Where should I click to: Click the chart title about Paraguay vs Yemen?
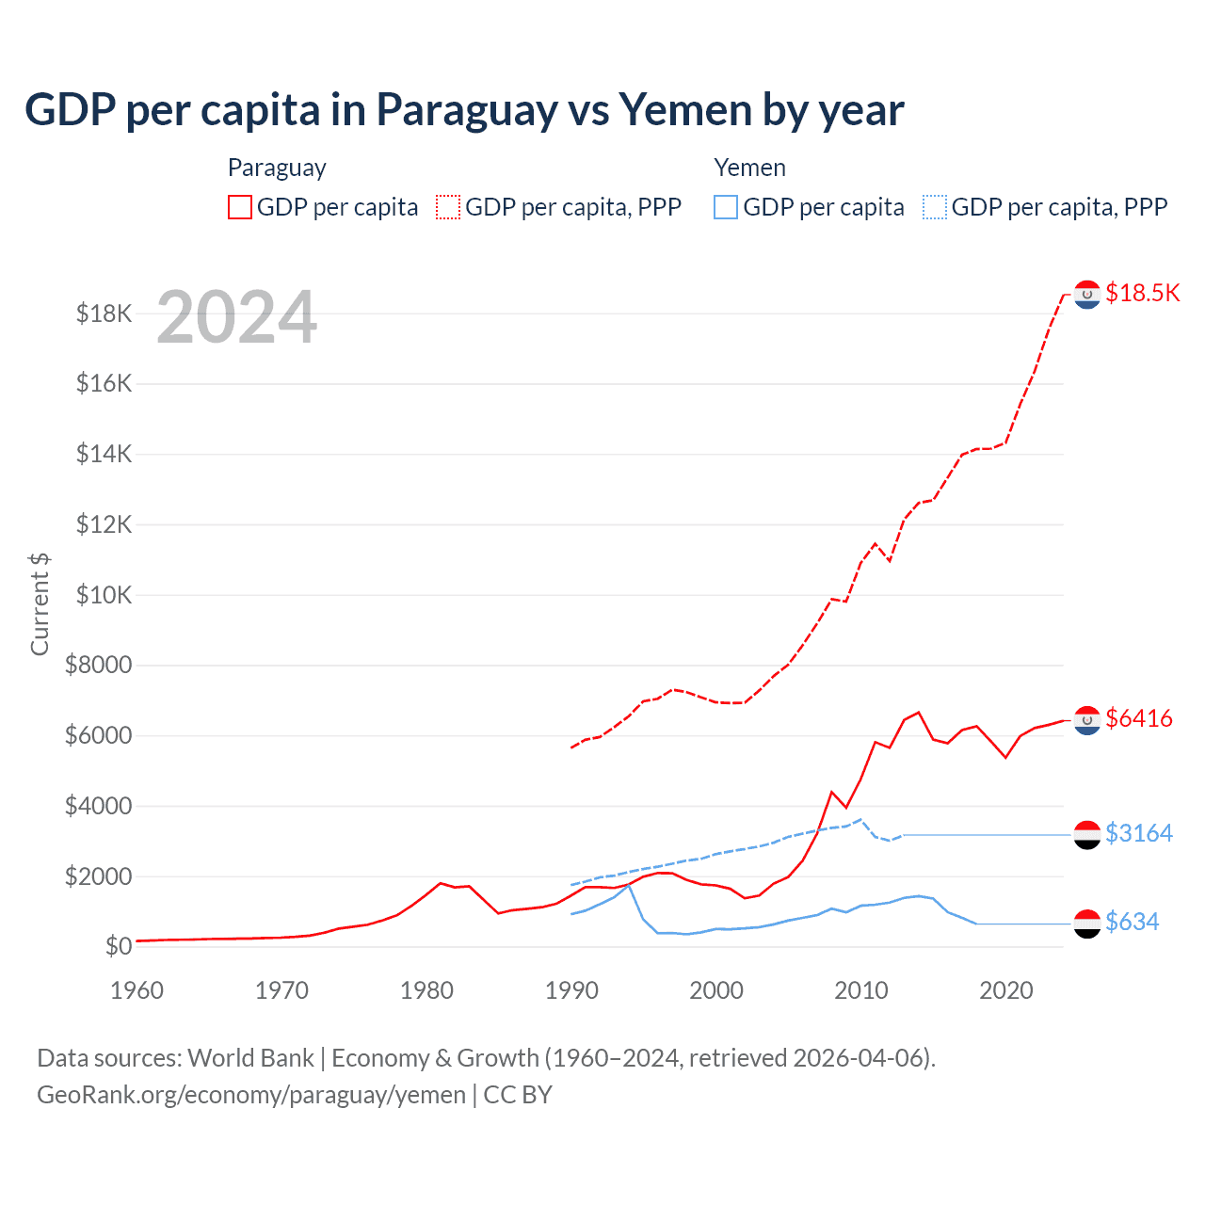pyautogui.click(x=464, y=110)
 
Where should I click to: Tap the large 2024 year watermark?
pyautogui.click(x=236, y=318)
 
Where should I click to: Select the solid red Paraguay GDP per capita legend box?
pyautogui.click(x=240, y=207)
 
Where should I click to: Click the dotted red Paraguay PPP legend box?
pyautogui.click(x=449, y=207)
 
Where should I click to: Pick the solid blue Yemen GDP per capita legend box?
pyautogui.click(x=726, y=207)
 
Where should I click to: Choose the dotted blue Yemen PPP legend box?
pyautogui.click(x=935, y=207)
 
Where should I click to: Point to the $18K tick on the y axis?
pyautogui.click(x=104, y=313)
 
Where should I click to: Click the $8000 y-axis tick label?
pyautogui.click(x=98, y=666)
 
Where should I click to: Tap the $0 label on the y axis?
pyautogui.click(x=119, y=946)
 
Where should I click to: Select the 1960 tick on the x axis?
pyautogui.click(x=137, y=990)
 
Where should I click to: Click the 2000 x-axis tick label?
pyautogui.click(x=716, y=990)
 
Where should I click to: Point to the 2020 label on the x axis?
pyautogui.click(x=1006, y=990)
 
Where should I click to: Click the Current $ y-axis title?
pyautogui.click(x=40, y=603)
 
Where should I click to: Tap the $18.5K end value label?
pyautogui.click(x=1142, y=293)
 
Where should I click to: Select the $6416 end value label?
pyautogui.click(x=1139, y=718)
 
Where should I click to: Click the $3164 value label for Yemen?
pyautogui.click(x=1139, y=833)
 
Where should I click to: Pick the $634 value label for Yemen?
pyautogui.click(x=1133, y=922)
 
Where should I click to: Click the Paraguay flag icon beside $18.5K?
pyautogui.click(x=1087, y=295)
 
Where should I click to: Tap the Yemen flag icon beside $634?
pyautogui.click(x=1087, y=924)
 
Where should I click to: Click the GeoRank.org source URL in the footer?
pyautogui.click(x=251, y=1095)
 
